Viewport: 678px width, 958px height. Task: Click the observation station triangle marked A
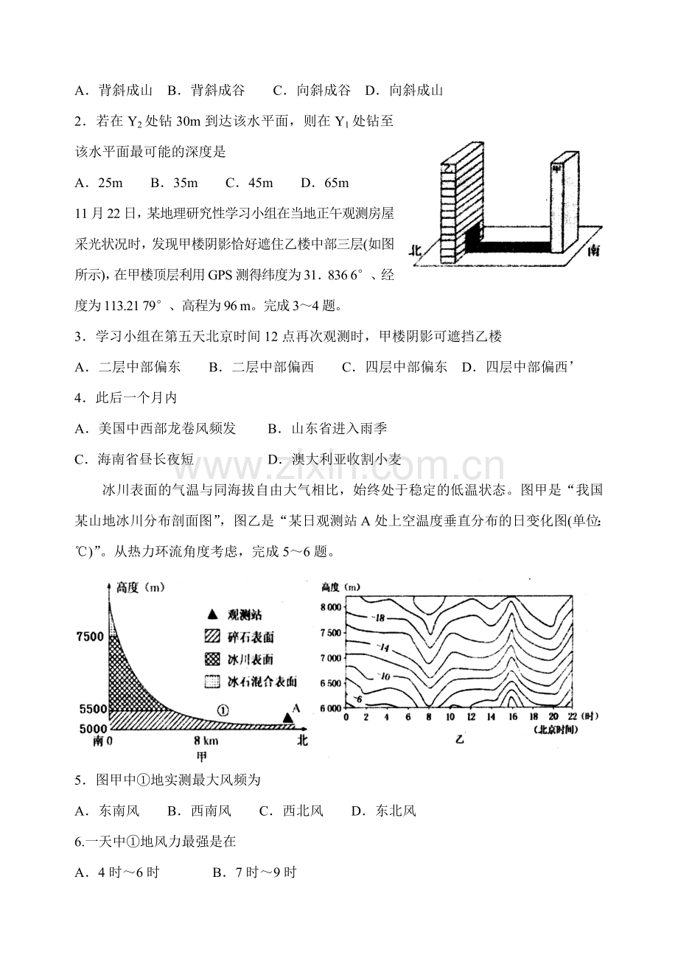[x=287, y=717]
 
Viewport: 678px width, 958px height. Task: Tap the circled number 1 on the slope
[x=224, y=710]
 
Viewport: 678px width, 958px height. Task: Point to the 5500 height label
[x=91, y=709]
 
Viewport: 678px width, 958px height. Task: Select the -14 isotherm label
[x=383, y=647]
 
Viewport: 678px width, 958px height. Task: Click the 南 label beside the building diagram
[x=593, y=250]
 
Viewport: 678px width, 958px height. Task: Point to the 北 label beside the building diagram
[x=417, y=250]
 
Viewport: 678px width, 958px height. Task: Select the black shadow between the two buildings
[x=508, y=246]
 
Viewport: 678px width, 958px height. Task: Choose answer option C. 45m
[x=249, y=182]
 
